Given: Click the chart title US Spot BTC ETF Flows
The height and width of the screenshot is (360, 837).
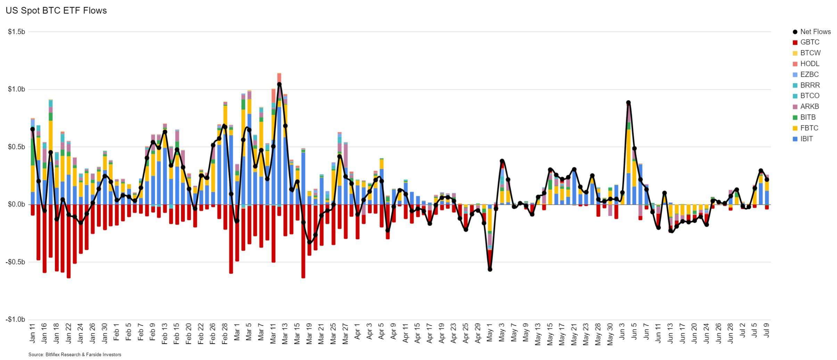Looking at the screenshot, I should click(56, 11).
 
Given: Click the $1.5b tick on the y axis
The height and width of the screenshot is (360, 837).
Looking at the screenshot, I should click(17, 32).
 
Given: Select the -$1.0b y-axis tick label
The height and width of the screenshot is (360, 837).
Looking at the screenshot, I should click(15, 319).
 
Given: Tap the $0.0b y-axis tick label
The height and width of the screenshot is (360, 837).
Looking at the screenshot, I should click(17, 204).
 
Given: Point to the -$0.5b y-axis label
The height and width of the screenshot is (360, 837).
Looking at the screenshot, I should click(15, 262).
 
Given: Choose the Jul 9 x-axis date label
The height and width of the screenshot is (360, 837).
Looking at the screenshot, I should click(766, 330).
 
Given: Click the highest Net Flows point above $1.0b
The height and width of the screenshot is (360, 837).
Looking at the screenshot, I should click(279, 84).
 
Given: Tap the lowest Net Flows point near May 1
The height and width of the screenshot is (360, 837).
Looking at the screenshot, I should click(490, 269).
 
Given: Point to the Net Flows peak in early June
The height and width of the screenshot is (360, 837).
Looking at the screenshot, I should click(628, 103).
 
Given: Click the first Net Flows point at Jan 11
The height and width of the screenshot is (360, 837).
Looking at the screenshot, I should click(33, 129).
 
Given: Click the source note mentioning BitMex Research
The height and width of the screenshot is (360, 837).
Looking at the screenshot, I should click(75, 355).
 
